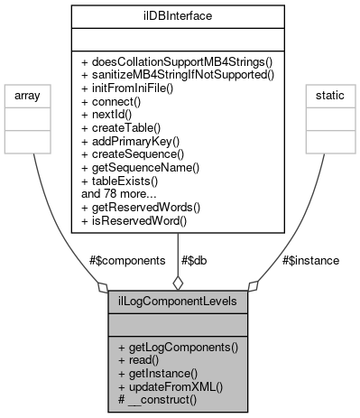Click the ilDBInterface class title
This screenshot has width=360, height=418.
point(178,15)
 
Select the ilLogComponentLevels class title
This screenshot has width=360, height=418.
point(177,302)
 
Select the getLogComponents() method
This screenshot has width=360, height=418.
point(178,348)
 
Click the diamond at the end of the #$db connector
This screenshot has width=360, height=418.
point(178,283)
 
